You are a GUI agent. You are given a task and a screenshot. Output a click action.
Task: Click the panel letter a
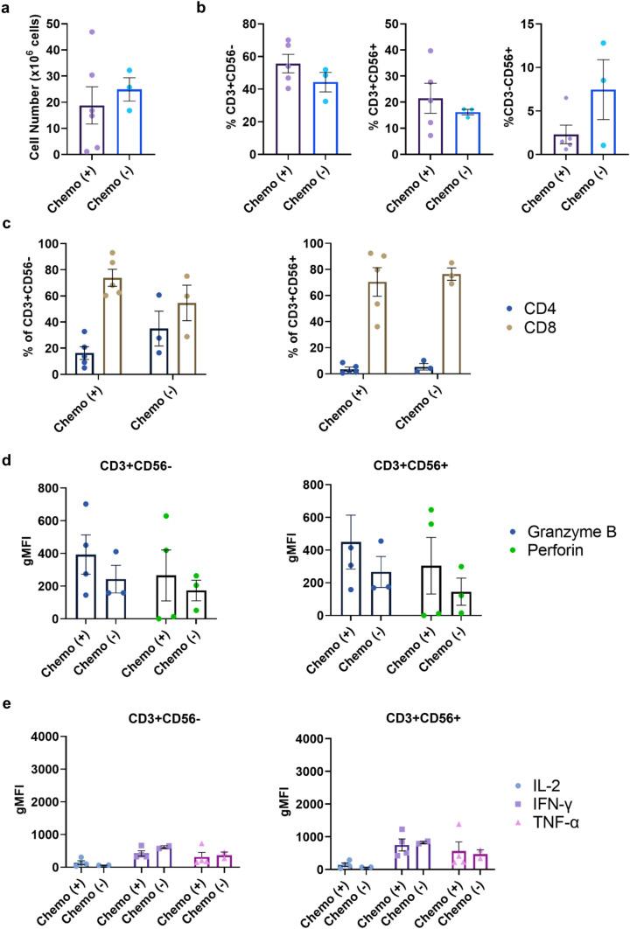[7, 8]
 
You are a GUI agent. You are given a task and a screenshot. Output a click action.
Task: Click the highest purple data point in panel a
[91, 31]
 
